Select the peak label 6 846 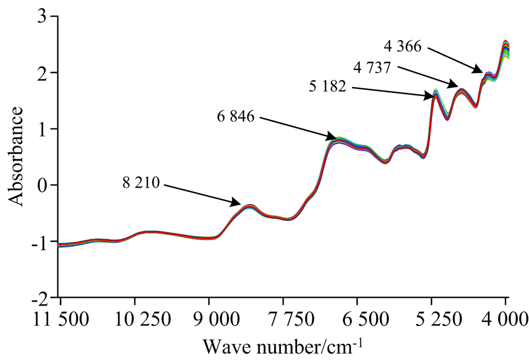click(235, 116)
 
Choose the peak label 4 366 click(403, 47)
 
